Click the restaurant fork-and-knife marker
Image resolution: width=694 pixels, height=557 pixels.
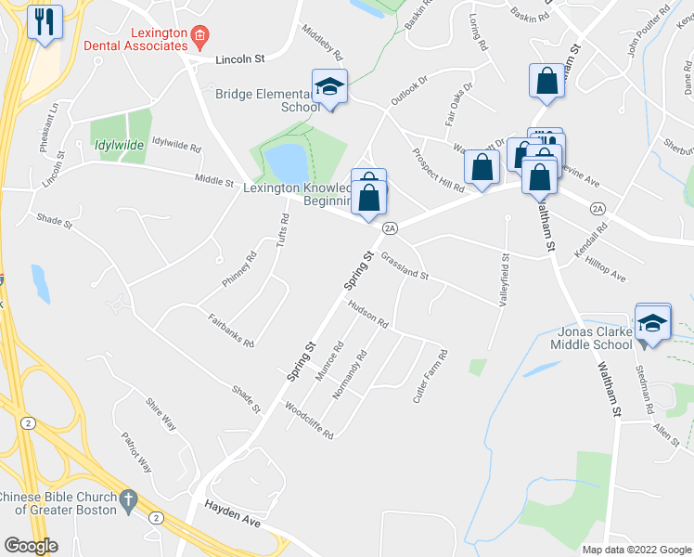(x=45, y=22)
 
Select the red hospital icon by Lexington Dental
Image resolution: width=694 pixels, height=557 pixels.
(x=199, y=37)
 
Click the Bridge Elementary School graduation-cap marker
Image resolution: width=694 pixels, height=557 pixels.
(x=329, y=88)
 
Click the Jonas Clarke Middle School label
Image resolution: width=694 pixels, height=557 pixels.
(x=584, y=339)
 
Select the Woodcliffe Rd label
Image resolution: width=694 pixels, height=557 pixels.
(x=309, y=420)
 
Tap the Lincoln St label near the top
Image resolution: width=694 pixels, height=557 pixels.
(x=239, y=58)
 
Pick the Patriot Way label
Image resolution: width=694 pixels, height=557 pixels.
(x=138, y=452)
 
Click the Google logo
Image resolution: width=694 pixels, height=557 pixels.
(x=31, y=546)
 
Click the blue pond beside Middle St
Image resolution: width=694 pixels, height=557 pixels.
(x=288, y=163)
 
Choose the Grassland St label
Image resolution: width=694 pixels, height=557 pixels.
(x=404, y=269)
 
